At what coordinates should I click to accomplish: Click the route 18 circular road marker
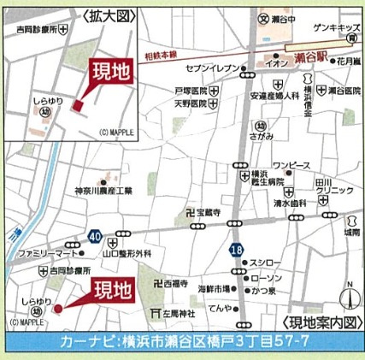[235, 247]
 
